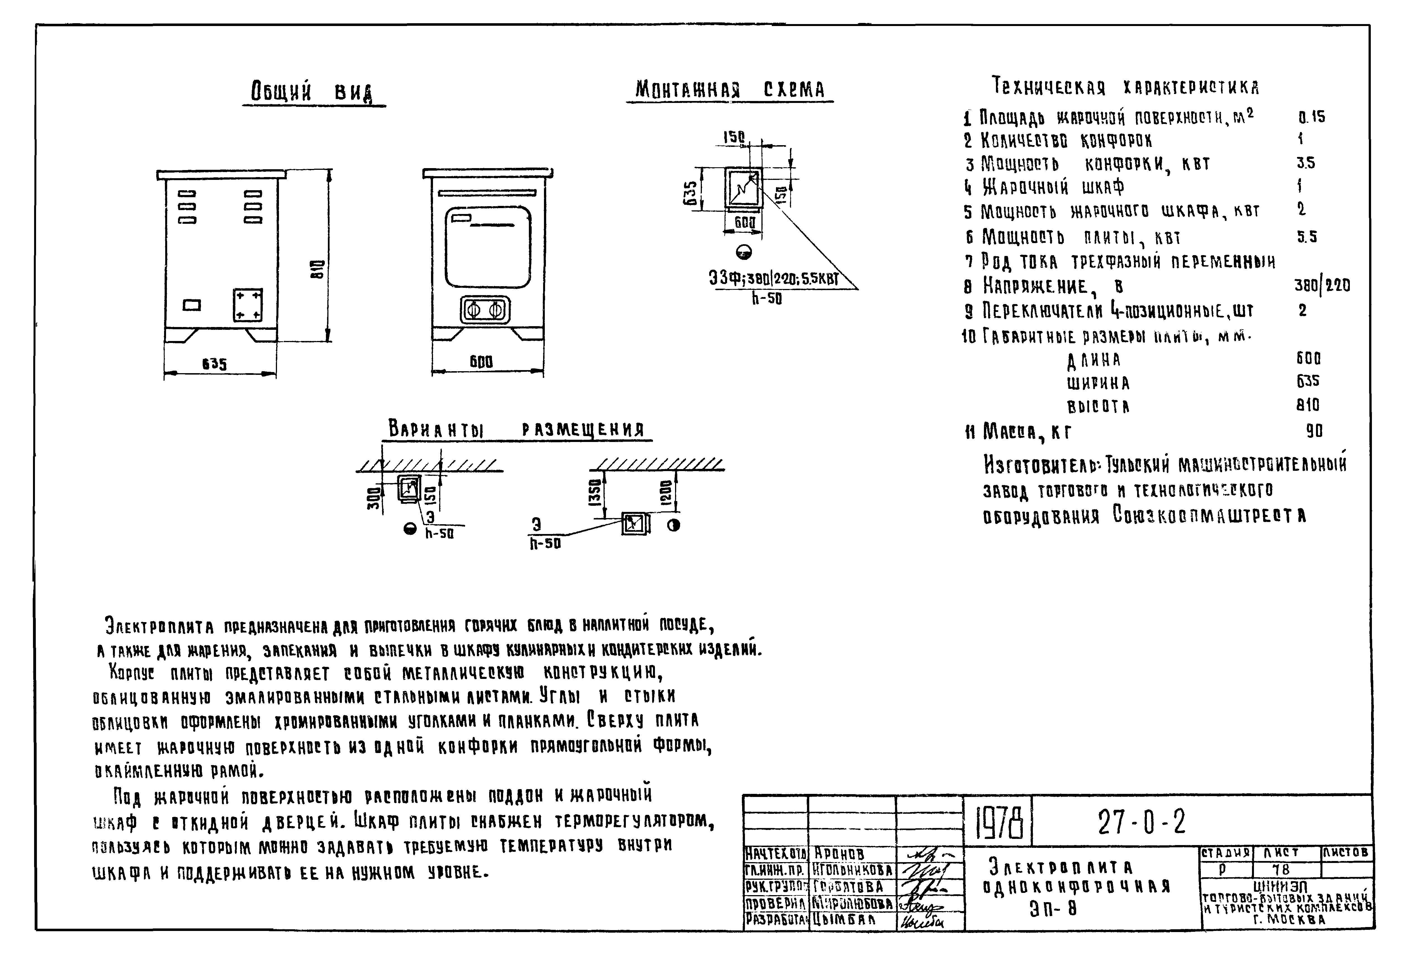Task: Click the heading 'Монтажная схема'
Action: click(x=730, y=90)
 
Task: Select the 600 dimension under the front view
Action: click(x=481, y=362)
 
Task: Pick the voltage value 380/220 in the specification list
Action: click(x=1322, y=285)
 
